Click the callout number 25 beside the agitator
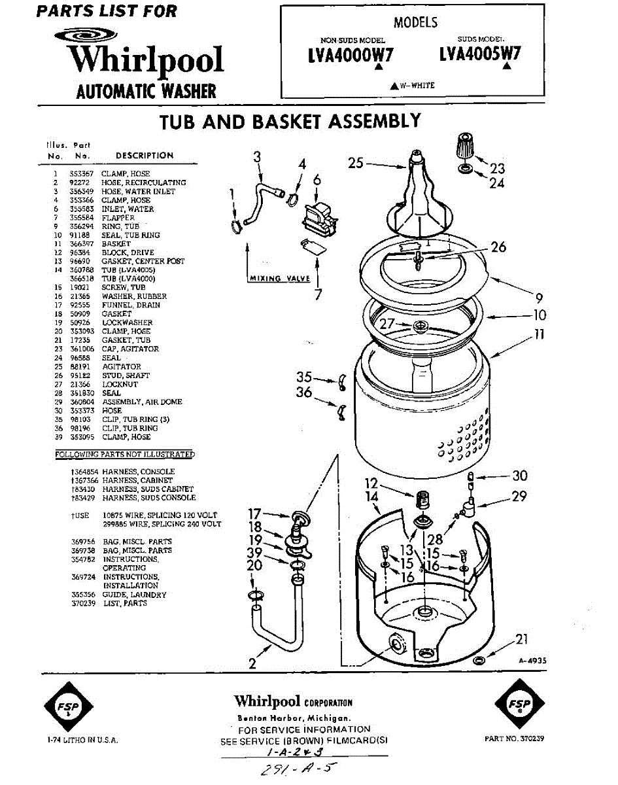click(x=356, y=163)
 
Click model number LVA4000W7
click(x=351, y=56)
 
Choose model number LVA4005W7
click(x=481, y=54)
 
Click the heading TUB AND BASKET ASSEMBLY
click(x=291, y=122)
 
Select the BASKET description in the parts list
click(x=116, y=244)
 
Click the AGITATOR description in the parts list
click(x=122, y=367)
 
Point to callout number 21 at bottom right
click(x=521, y=640)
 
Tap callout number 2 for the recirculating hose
click(x=252, y=663)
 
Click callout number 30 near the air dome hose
click(x=520, y=476)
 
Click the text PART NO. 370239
click(x=515, y=739)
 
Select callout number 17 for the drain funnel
click(x=255, y=514)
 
